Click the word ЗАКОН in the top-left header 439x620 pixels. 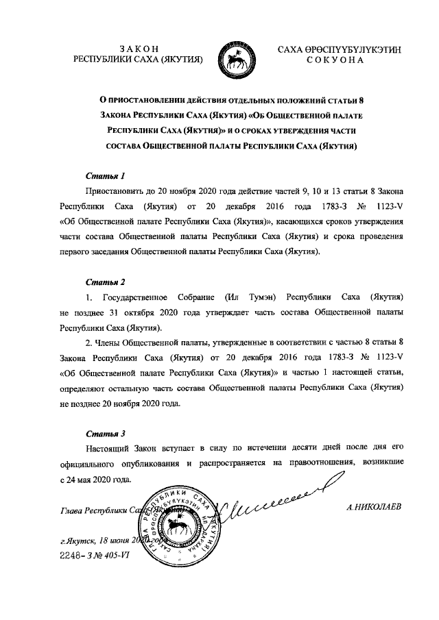tap(139, 48)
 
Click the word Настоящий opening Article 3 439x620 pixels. tap(108, 449)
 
